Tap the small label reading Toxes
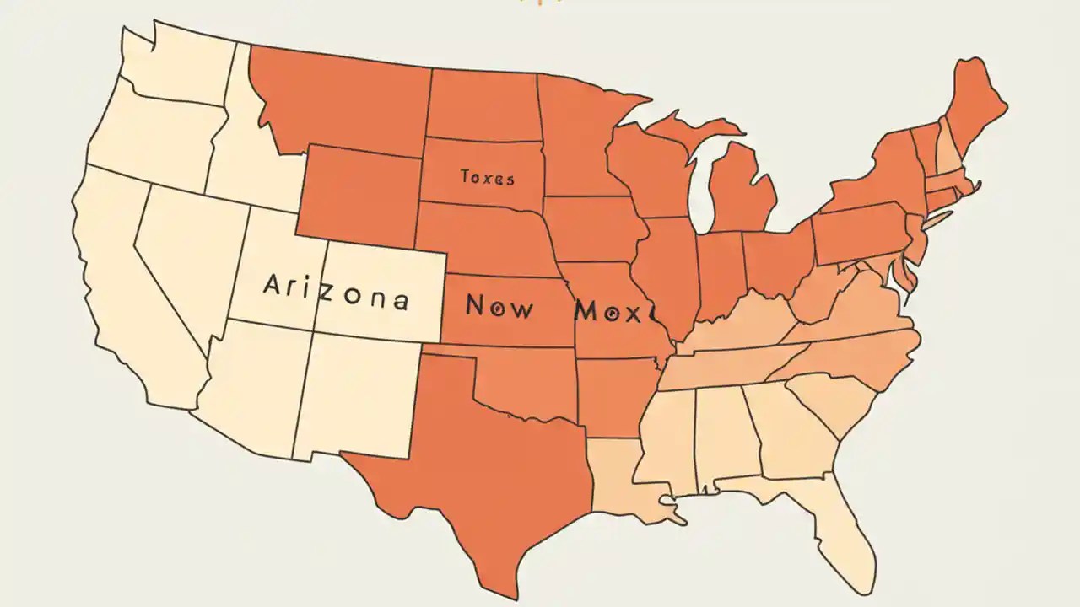(487, 178)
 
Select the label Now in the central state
(499, 307)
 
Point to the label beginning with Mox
(614, 311)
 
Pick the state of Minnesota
(578, 135)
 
